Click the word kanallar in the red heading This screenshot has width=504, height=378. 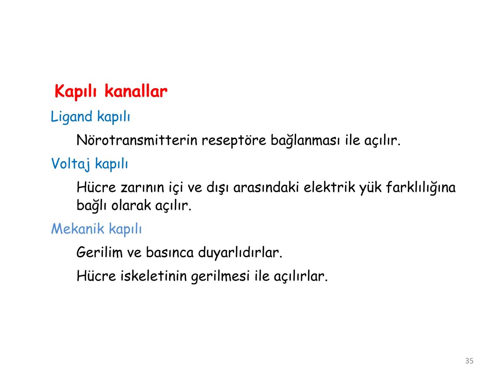point(136,92)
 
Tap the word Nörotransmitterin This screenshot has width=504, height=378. point(137,140)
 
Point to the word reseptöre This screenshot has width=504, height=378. point(233,140)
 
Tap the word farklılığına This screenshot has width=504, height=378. point(421,188)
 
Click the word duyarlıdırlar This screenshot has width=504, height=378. point(240,252)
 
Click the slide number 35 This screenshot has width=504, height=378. point(469,361)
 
